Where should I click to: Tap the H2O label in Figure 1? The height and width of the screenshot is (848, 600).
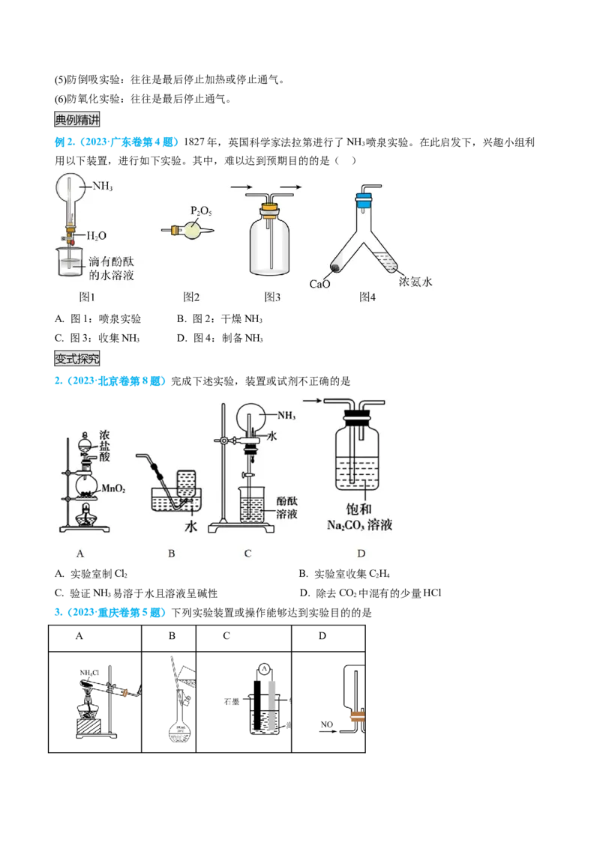click(96, 235)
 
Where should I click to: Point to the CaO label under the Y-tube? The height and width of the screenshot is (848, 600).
click(320, 284)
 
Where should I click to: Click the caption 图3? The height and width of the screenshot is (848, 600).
click(271, 297)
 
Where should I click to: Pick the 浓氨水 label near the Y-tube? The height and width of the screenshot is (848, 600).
click(417, 282)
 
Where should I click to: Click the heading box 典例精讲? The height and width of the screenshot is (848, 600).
click(77, 119)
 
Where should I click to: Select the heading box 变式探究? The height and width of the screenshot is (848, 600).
click(77, 357)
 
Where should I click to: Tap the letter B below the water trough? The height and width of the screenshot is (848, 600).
click(172, 554)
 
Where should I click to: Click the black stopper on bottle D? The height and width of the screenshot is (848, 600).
click(356, 414)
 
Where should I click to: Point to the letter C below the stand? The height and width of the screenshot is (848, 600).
click(247, 554)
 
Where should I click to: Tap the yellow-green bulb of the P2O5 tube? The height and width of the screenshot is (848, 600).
click(194, 230)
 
